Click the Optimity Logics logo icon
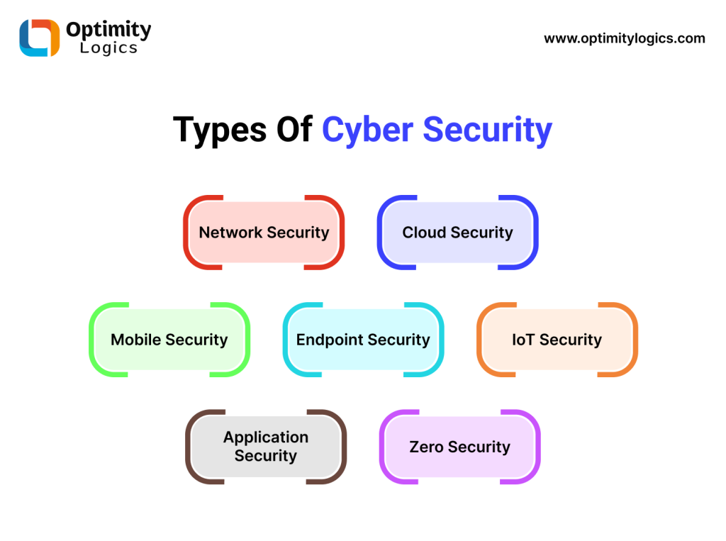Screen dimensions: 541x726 click(40, 38)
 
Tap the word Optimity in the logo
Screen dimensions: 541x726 click(108, 30)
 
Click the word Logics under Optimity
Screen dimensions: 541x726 click(108, 49)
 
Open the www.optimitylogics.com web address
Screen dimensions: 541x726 click(625, 38)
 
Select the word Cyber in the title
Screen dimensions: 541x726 click(367, 130)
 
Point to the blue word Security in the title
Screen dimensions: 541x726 click(488, 130)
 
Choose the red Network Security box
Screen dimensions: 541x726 click(264, 233)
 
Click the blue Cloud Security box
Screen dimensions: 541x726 click(457, 233)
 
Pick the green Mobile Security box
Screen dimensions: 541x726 click(169, 340)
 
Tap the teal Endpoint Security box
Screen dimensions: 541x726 click(363, 340)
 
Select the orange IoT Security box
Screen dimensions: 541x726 click(557, 340)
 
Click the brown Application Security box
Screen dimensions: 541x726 click(266, 447)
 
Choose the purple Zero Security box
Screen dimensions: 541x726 click(459, 447)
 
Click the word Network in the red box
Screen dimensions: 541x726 click(230, 233)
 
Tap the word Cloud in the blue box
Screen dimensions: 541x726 click(424, 233)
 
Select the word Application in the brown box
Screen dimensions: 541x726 click(266, 437)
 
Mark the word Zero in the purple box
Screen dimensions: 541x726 click(427, 447)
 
